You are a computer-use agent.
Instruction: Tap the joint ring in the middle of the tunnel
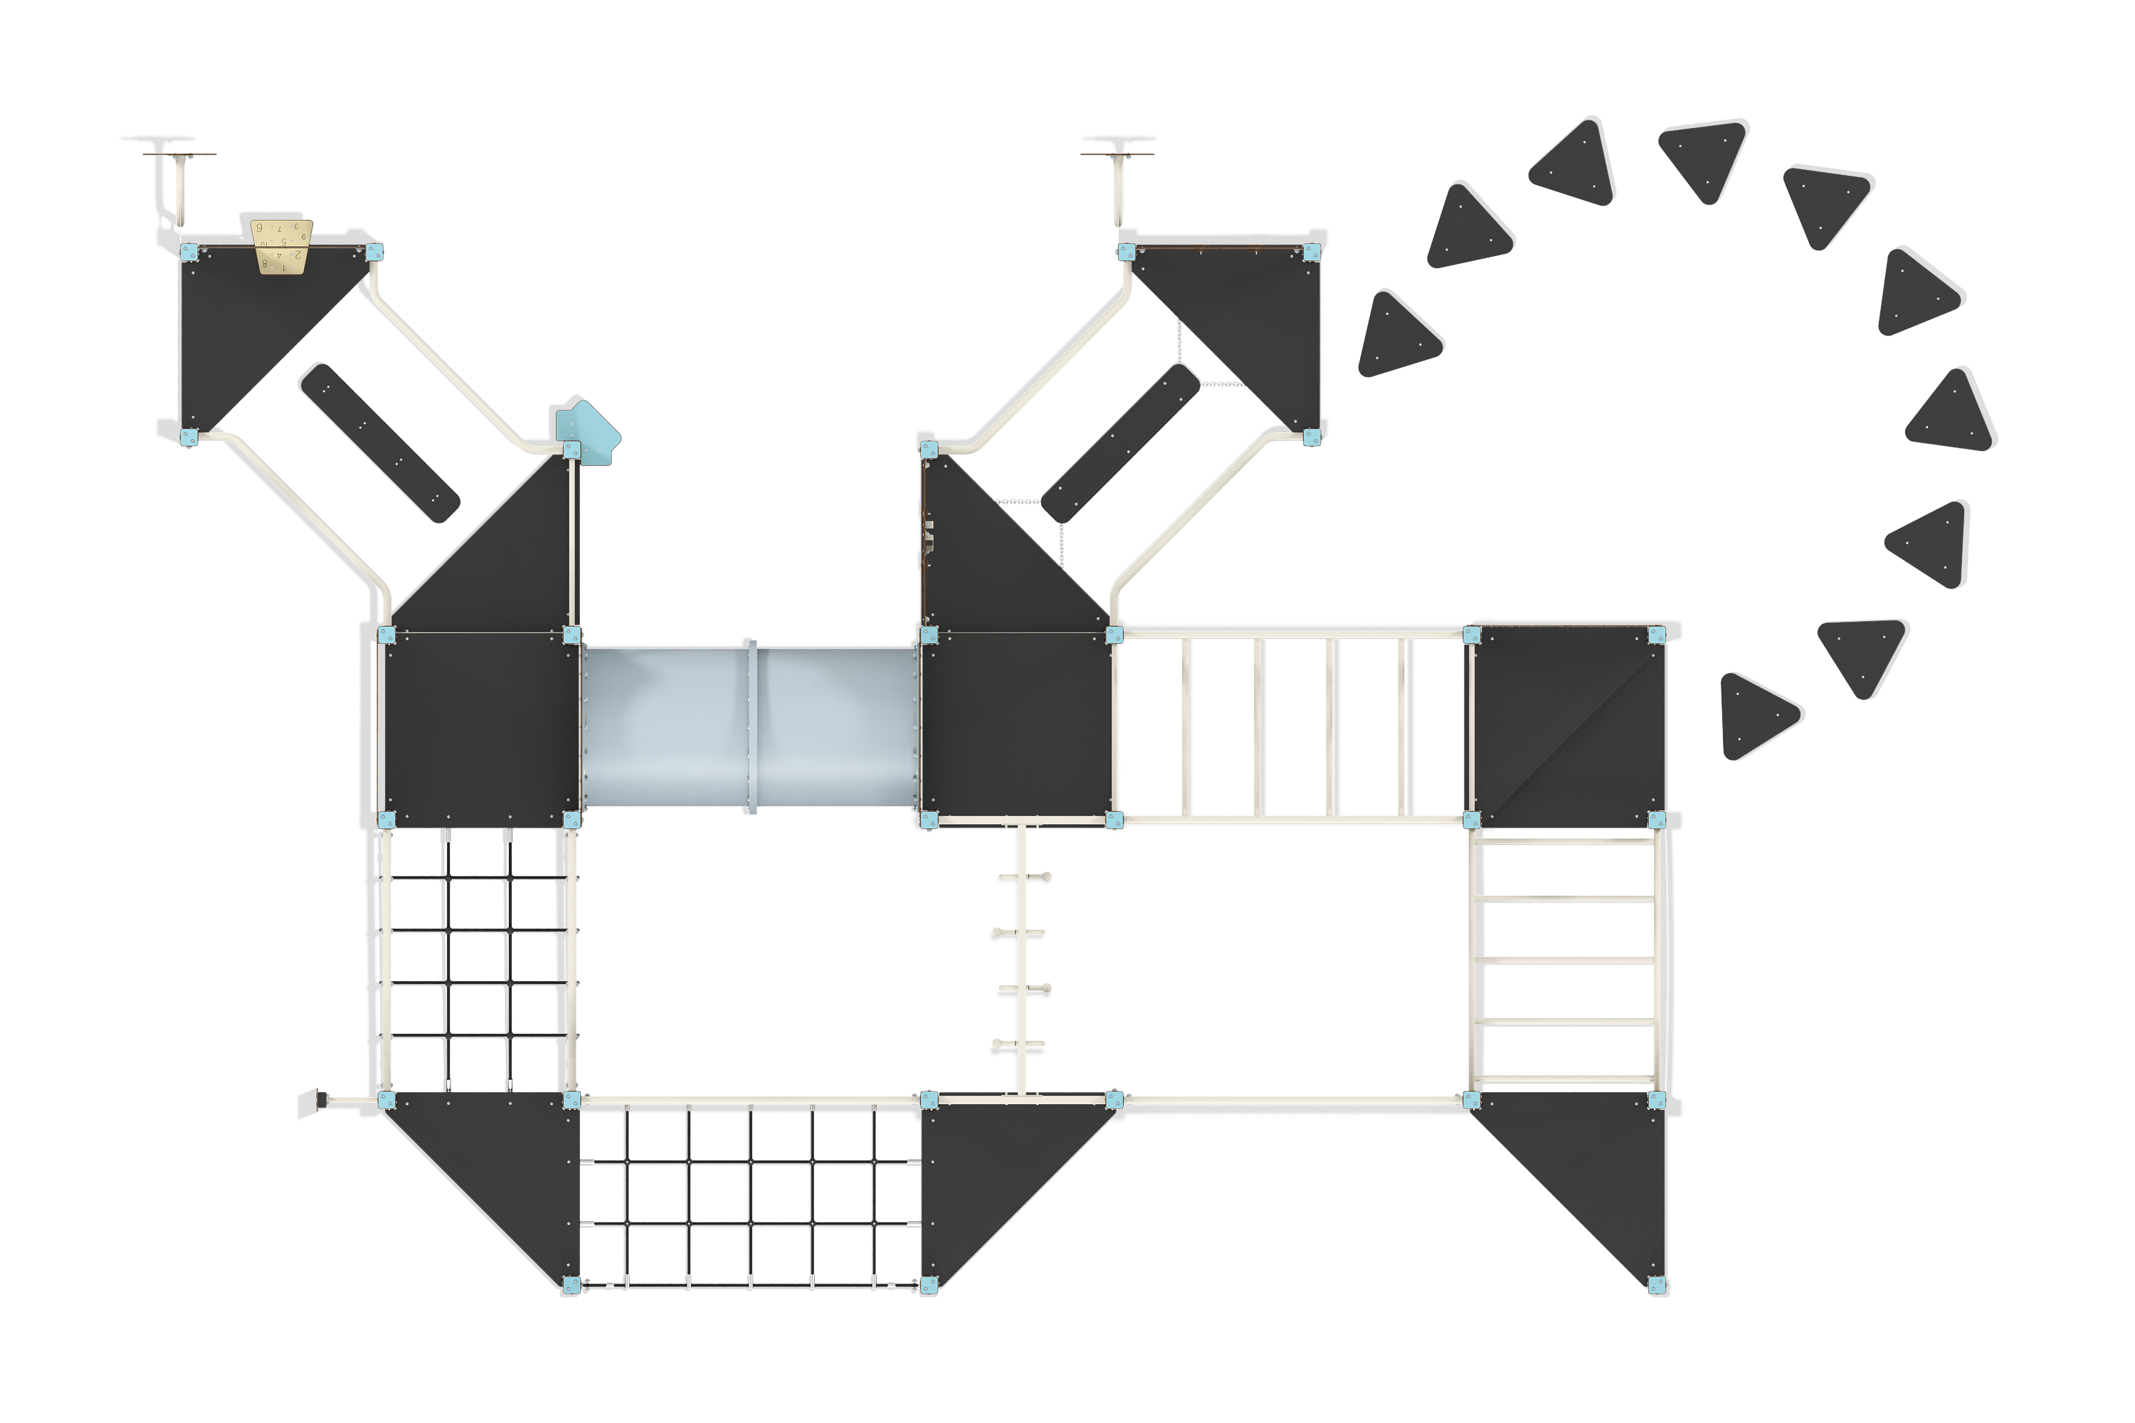click(x=751, y=726)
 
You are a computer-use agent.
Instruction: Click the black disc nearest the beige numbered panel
click(x=158, y=139)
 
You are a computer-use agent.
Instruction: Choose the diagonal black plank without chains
click(x=379, y=442)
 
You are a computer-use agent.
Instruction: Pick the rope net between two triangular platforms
click(x=750, y=1196)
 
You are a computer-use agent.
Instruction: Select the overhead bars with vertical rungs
click(x=1292, y=726)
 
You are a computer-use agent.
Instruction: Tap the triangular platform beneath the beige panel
click(x=245, y=327)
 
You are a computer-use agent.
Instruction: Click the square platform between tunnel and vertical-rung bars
click(x=1017, y=726)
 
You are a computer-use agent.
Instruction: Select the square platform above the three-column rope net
click(x=479, y=726)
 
